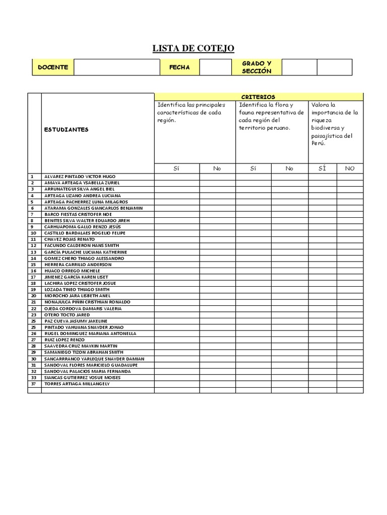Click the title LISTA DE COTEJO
pyautogui.click(x=193, y=48)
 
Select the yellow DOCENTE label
pyautogui.click(x=53, y=67)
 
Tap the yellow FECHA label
pyautogui.click(x=179, y=67)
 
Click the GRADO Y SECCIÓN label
pyautogui.click(x=256, y=67)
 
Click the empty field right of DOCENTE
pyautogui.click(x=116, y=67)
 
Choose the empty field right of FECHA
pyautogui.click(x=215, y=67)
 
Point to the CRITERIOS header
pyautogui.click(x=258, y=97)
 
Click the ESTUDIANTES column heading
pyautogui.click(x=66, y=129)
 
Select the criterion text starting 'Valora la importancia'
pyautogui.click(x=335, y=124)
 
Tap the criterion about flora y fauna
pyautogui.click(x=272, y=116)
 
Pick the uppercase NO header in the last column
pyautogui.click(x=350, y=168)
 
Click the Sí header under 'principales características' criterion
pyautogui.click(x=176, y=168)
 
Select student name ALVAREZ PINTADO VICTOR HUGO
pyautogui.click(x=80, y=177)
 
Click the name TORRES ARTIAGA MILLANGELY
pyautogui.click(x=77, y=384)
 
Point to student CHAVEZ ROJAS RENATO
pyautogui.click(x=69, y=239)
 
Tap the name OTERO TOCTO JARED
pyautogui.click(x=66, y=315)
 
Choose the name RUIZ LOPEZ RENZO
pyautogui.click(x=64, y=340)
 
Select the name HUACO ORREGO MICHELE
pyautogui.click(x=72, y=271)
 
